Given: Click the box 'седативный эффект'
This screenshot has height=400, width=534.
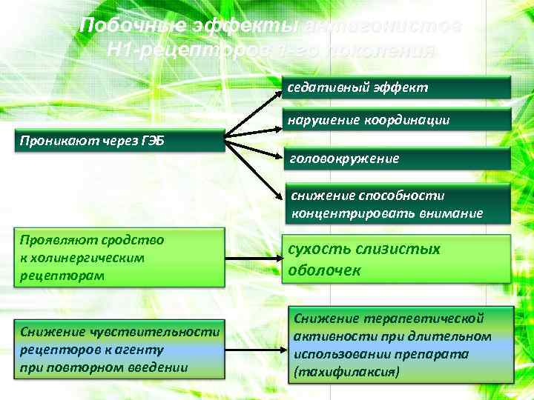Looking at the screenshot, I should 398,87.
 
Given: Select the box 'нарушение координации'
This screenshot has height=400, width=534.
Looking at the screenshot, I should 398,120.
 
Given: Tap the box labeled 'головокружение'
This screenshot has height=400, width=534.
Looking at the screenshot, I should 398,159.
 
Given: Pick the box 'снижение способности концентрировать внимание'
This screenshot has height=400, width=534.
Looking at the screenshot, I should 398,204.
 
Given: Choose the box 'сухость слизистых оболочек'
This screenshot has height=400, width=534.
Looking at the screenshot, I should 398,259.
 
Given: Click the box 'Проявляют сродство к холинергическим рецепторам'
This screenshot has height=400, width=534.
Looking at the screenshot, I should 120,258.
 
